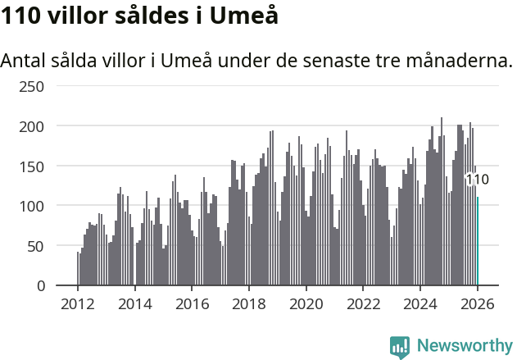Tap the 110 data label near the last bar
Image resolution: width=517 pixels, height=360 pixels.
click(x=477, y=180)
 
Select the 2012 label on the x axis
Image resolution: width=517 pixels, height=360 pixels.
click(x=78, y=303)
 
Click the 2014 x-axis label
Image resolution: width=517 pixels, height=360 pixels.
click(x=135, y=303)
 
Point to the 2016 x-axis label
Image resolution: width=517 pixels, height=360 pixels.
click(x=192, y=303)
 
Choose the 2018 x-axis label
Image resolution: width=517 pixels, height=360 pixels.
click(x=249, y=303)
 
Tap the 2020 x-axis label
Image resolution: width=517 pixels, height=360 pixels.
click(x=306, y=303)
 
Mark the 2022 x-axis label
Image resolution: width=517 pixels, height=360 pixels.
click(x=363, y=303)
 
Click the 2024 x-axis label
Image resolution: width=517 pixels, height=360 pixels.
click(x=420, y=303)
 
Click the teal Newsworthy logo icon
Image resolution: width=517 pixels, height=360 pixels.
click(x=400, y=346)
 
